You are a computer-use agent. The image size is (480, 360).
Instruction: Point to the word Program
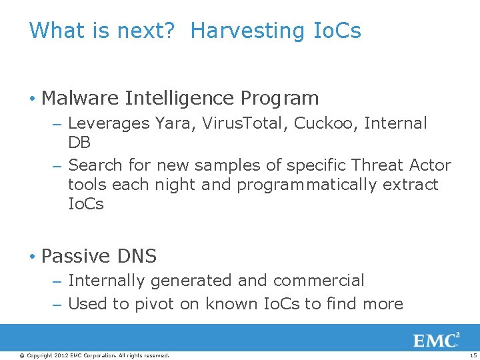(x=279, y=99)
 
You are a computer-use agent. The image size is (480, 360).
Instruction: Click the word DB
(x=79, y=143)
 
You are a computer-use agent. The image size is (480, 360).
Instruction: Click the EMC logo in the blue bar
(x=437, y=340)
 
